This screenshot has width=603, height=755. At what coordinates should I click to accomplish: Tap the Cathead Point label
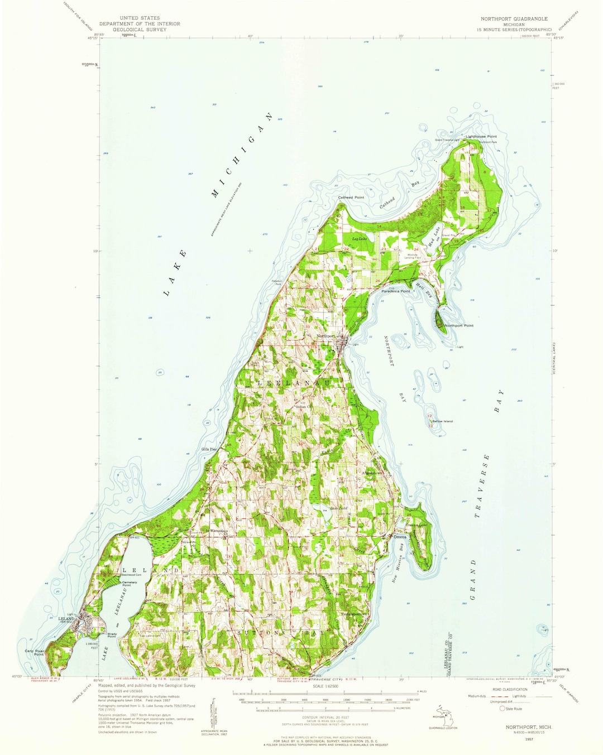click(351, 197)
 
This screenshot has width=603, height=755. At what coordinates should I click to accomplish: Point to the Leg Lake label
click(358, 239)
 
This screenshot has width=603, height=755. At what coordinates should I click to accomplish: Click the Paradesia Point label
click(396, 291)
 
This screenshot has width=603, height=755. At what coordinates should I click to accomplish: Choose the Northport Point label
click(459, 325)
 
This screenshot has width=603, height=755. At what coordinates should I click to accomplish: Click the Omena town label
click(400, 537)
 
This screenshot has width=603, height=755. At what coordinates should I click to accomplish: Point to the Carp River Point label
click(34, 652)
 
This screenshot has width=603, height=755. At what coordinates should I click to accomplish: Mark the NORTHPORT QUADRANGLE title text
click(514, 18)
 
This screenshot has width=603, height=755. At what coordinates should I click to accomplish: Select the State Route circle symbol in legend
click(502, 709)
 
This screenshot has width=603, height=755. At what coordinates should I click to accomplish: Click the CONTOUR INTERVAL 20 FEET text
click(325, 716)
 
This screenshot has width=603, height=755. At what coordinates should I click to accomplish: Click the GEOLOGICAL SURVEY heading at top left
click(140, 30)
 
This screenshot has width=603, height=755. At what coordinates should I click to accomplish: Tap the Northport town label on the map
click(326, 336)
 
